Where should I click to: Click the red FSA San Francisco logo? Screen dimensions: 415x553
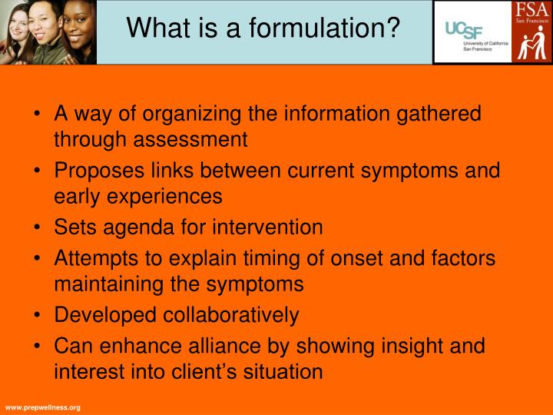click(531, 32)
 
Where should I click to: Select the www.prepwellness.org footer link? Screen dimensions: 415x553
click(42, 407)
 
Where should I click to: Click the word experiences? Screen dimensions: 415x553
click(163, 196)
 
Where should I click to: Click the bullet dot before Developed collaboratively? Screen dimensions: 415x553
click(38, 315)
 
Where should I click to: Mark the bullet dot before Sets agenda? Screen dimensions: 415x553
click(38, 227)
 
